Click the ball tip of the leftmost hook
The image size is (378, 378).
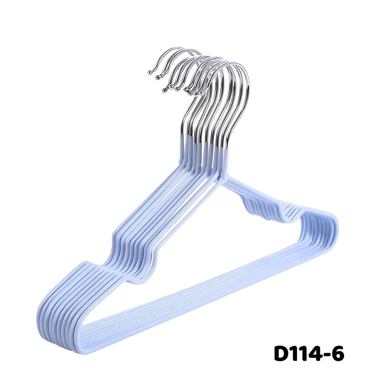(150, 72)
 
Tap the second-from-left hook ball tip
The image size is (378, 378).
(158, 77)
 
